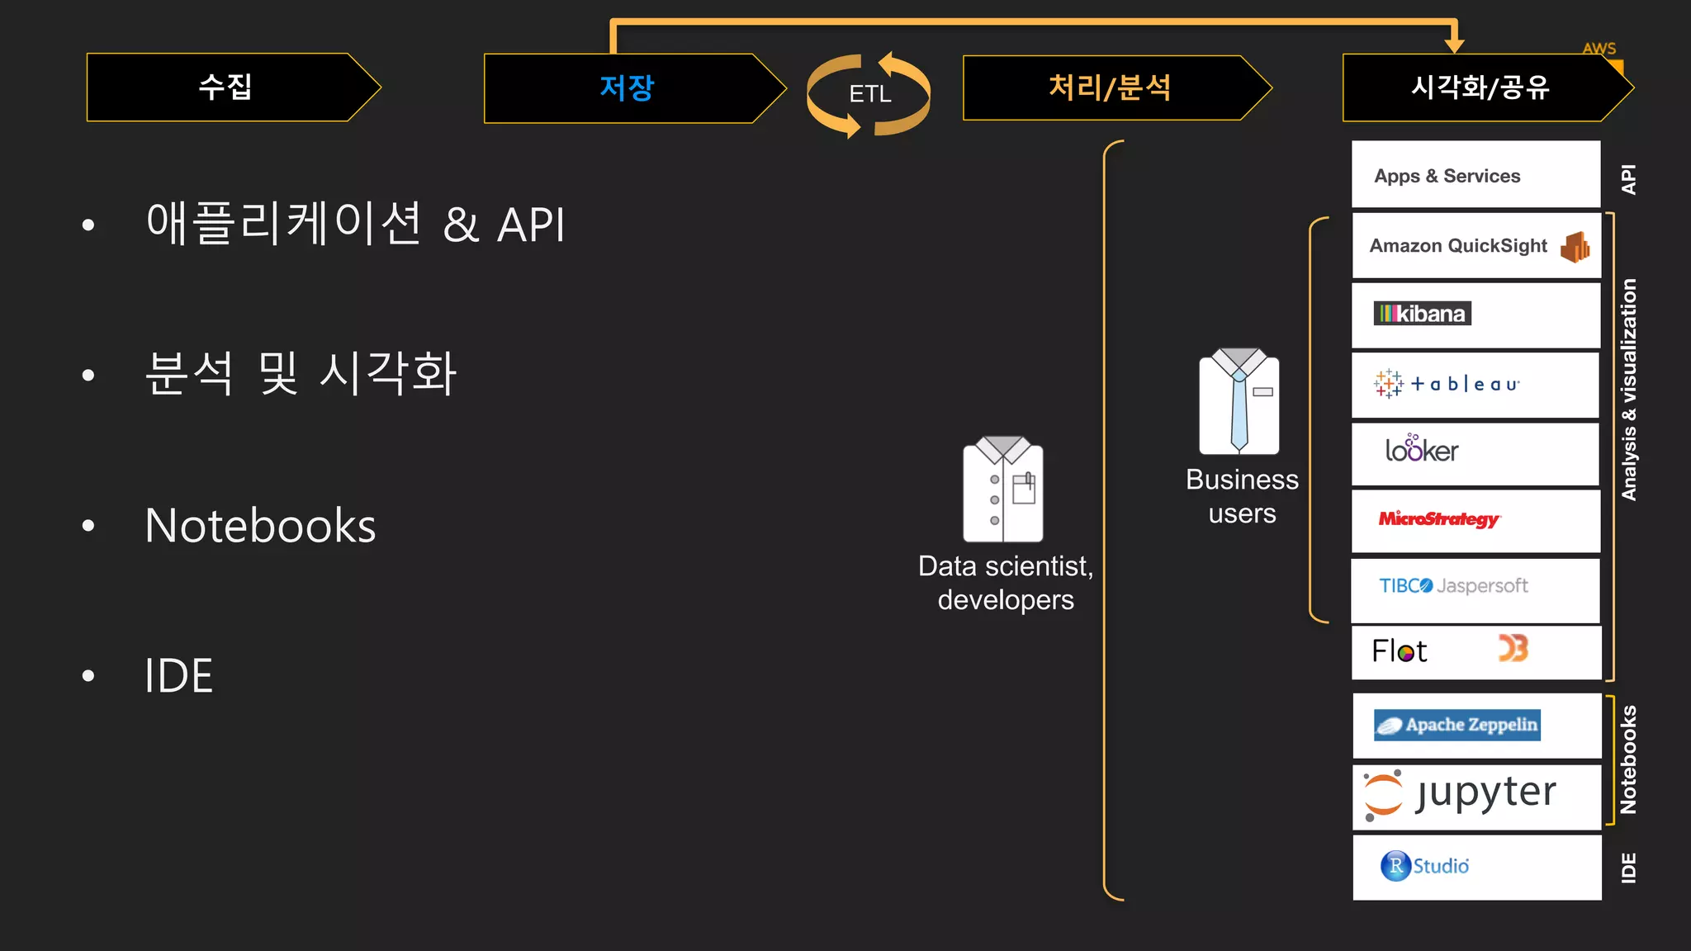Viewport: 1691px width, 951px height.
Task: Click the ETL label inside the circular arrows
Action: click(x=870, y=94)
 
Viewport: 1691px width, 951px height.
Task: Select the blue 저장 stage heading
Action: click(x=627, y=88)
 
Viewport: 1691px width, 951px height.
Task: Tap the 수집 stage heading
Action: click(x=225, y=87)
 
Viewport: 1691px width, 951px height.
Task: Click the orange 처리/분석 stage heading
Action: click(x=1109, y=88)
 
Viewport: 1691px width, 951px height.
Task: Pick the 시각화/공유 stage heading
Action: click(x=1480, y=88)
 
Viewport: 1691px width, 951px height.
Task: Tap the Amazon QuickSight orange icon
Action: click(x=1575, y=247)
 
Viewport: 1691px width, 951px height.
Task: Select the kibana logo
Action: click(x=1422, y=314)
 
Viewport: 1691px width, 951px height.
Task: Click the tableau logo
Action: click(x=1447, y=384)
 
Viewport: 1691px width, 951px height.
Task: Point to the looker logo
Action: click(x=1421, y=449)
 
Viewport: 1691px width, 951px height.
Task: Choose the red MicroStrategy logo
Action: click(x=1439, y=519)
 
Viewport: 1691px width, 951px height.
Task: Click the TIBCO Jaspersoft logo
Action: click(x=1453, y=586)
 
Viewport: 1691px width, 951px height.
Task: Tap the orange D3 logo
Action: click(x=1513, y=649)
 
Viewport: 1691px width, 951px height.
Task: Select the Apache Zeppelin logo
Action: click(x=1457, y=725)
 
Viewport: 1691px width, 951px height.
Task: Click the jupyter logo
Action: click(x=1459, y=795)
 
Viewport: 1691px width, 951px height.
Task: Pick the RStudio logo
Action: click(x=1425, y=866)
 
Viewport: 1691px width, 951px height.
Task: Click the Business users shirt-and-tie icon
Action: click(x=1239, y=402)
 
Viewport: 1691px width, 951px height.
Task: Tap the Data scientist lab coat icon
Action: click(x=1002, y=490)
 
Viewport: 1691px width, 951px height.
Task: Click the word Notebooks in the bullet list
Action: click(x=260, y=526)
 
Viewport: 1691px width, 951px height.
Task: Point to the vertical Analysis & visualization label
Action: click(x=1628, y=389)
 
